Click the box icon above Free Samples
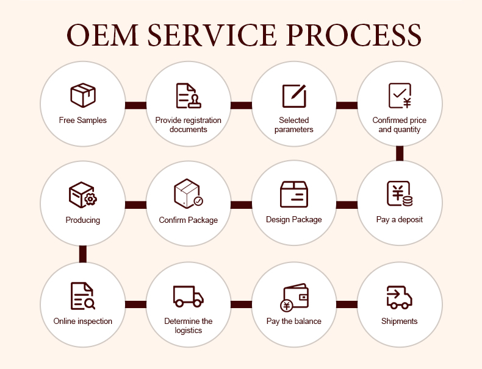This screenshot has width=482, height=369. click(83, 96)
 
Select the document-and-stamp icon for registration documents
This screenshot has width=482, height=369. click(189, 96)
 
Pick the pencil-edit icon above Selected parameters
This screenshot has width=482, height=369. click(293, 96)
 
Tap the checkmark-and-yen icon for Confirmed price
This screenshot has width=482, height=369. click(400, 96)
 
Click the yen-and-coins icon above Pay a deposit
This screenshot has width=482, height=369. click(400, 194)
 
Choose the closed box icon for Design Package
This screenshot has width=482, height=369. click(293, 194)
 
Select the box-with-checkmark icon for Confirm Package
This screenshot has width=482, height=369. click(188, 194)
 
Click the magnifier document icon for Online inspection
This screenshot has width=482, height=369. click(82, 296)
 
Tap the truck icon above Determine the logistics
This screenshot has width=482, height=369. click(188, 296)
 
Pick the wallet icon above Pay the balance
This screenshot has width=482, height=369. click(293, 297)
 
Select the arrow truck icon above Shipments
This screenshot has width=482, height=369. click(400, 297)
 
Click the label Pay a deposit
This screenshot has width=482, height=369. click(400, 219)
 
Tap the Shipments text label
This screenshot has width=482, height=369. click(400, 321)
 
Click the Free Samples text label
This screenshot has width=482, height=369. click(83, 120)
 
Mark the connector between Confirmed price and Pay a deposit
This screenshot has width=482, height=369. click(400, 153)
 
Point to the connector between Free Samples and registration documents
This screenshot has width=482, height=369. click(135, 105)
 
